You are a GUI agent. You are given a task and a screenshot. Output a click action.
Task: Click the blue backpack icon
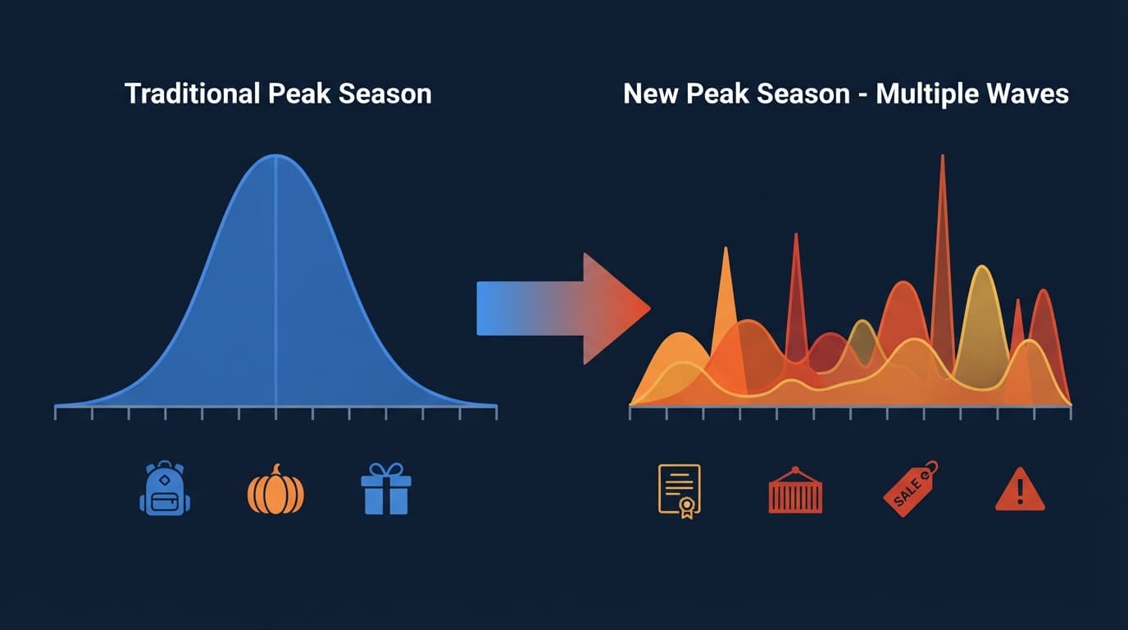tap(165, 488)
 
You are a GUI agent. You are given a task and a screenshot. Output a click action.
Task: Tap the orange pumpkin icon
tap(275, 490)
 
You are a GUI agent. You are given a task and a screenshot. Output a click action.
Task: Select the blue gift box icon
tap(386, 488)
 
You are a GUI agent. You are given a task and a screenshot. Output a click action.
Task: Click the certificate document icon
tap(680, 491)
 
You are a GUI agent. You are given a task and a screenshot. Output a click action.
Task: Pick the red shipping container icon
tap(795, 491)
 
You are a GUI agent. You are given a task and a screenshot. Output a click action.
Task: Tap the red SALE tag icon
tap(911, 488)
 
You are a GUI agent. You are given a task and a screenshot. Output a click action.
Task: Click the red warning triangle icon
tap(1021, 489)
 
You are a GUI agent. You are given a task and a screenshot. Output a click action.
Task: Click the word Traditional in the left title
tap(192, 94)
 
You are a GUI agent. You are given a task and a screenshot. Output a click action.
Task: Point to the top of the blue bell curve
tap(276, 155)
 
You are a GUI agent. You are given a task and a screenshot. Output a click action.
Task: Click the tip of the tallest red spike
tap(942, 155)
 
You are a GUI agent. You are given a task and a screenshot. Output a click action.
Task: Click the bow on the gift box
tap(386, 470)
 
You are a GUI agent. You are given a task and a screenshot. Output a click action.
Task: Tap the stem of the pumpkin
tap(275, 469)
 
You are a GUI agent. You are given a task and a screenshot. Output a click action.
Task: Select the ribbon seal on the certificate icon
tap(687, 506)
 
